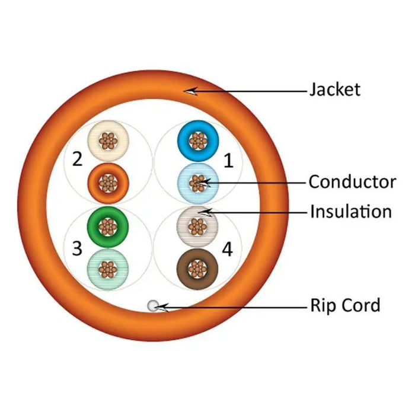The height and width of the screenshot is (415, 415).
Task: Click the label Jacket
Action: click(334, 90)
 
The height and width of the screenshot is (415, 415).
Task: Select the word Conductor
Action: click(352, 181)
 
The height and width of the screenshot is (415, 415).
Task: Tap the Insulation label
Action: click(350, 211)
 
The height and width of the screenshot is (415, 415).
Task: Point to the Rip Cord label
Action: click(344, 306)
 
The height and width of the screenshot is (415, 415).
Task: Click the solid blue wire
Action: click(198, 141)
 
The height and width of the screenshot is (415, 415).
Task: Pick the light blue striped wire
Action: click(198, 183)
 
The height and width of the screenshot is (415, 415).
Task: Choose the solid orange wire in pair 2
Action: click(107, 181)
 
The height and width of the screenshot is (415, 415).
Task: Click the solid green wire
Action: click(107, 225)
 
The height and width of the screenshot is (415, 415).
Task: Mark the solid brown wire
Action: click(198, 268)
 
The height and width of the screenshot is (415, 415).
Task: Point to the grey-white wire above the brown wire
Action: click(198, 226)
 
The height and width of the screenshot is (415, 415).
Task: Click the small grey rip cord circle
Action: click(153, 306)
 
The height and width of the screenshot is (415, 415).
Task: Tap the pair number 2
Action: click(77, 160)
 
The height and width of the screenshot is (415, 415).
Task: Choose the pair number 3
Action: click(77, 248)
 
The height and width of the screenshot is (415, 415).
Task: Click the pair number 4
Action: click(227, 250)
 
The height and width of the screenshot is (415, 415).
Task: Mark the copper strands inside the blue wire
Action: click(198, 141)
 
